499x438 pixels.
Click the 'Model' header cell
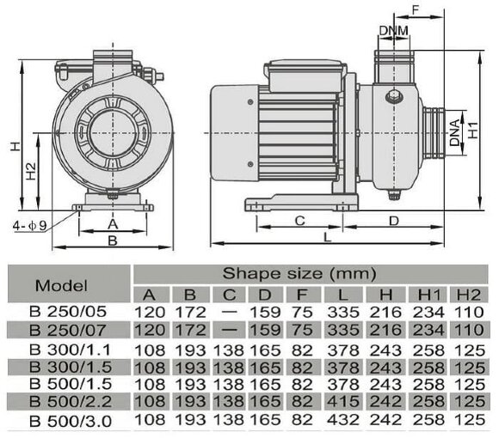[62, 284]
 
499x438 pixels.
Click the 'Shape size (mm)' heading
[300, 274]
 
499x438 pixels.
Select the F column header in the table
[305, 294]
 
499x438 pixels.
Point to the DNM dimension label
[393, 31]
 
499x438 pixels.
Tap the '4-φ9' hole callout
[28, 225]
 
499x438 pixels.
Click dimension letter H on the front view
[15, 147]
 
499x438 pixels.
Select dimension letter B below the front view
[112, 241]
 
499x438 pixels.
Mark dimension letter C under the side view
[299, 221]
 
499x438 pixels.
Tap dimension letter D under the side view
[393, 221]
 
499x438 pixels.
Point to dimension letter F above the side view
[416, 10]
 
